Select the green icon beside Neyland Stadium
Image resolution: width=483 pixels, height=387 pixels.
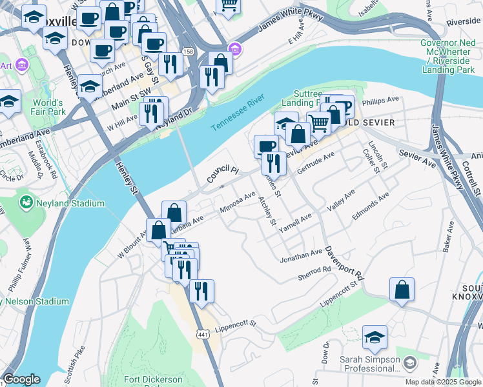[26, 204]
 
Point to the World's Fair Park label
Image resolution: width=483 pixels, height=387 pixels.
[49, 107]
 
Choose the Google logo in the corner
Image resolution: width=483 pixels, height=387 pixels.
[21, 379]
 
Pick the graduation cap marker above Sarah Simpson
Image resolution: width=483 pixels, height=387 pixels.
[375, 337]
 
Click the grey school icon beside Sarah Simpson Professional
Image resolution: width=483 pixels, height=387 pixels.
[409, 364]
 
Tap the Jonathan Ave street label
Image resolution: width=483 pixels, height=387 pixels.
[300, 256]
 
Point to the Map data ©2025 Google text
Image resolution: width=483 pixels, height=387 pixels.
[443, 382]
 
